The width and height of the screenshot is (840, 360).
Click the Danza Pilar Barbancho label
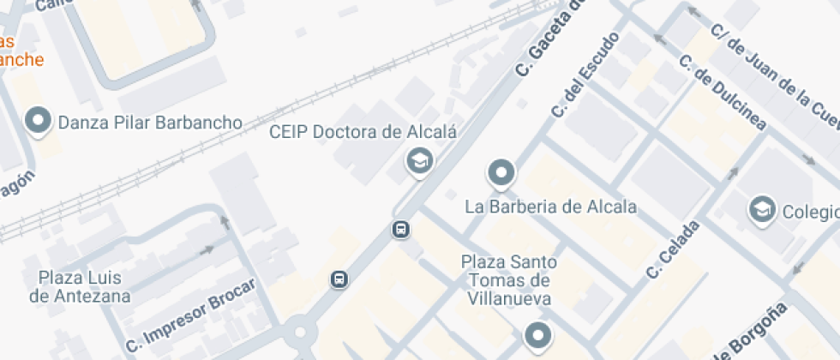point(150,123)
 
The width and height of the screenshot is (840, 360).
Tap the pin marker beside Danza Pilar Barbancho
point(39,123)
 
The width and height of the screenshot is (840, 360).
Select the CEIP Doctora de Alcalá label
point(363,132)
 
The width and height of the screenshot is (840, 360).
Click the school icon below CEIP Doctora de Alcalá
point(418,160)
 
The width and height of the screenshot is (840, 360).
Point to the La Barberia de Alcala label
point(550,207)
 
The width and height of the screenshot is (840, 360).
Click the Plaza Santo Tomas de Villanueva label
point(509,279)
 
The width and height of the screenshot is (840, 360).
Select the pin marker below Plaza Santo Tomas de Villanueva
point(537,335)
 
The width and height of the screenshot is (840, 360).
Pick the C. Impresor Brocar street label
point(190,316)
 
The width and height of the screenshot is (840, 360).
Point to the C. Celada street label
point(674,249)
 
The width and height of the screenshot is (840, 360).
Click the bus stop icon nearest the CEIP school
point(400,229)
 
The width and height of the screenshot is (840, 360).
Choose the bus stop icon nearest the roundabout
point(339,279)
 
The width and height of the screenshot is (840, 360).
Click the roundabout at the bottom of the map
point(301,333)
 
